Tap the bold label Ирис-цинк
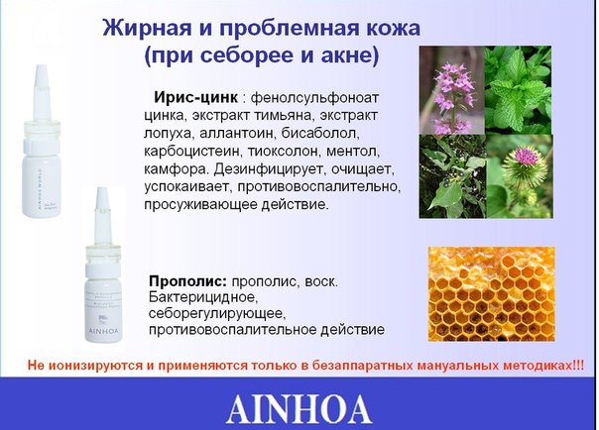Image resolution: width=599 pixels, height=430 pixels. [196, 97]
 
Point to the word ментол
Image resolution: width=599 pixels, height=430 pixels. [353, 152]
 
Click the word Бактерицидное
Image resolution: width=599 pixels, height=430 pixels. [201, 297]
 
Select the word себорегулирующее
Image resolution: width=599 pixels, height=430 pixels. [218, 314]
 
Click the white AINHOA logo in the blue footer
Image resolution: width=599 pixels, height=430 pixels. [299, 409]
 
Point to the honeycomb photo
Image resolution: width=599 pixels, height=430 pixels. [492, 294]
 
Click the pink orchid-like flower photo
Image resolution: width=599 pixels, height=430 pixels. [452, 90]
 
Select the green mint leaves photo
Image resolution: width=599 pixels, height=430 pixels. [519, 90]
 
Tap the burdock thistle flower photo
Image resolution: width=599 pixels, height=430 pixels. [520, 176]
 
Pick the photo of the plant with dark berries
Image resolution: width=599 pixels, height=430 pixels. [452, 176]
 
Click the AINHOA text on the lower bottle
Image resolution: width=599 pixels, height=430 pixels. [104, 330]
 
